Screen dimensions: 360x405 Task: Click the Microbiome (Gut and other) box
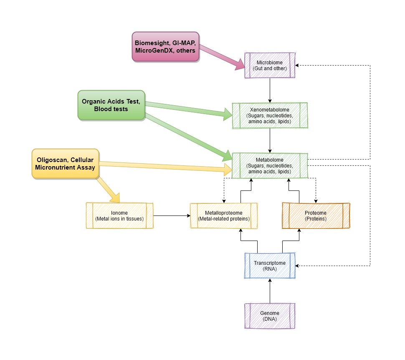pyautogui.click(x=270, y=65)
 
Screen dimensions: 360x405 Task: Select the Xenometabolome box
pyautogui.click(x=270, y=115)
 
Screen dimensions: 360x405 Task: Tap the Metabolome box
pyautogui.click(x=270, y=165)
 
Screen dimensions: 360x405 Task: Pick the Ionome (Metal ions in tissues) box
pyautogui.click(x=119, y=215)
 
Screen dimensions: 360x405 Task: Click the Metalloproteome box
pyautogui.click(x=224, y=215)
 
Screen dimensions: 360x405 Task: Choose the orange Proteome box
pyautogui.click(x=316, y=215)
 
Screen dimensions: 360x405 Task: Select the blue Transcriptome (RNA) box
pyautogui.click(x=270, y=266)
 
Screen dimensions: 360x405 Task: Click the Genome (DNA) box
pyautogui.click(x=270, y=316)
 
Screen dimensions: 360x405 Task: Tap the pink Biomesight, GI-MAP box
pyautogui.click(x=165, y=47)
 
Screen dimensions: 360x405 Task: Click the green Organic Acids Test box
pyautogui.click(x=111, y=105)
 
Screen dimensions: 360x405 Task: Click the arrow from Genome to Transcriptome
pyautogui.click(x=270, y=291)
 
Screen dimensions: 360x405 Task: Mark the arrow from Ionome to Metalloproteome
pyautogui.click(x=171, y=215)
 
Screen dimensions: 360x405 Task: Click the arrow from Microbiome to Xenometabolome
pyautogui.click(x=270, y=90)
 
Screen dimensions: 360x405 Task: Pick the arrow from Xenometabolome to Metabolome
pyautogui.click(x=270, y=140)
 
